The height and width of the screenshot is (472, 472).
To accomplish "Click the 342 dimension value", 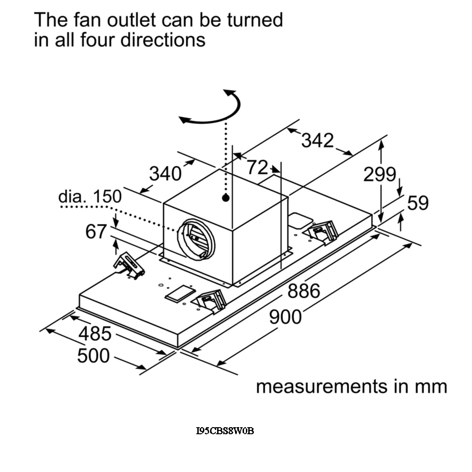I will coord(317,140).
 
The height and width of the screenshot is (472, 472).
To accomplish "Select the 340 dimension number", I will coord(165,174).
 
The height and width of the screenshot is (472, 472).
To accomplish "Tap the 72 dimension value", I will coord(258,167).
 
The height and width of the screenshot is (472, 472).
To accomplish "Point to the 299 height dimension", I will coord(379,175).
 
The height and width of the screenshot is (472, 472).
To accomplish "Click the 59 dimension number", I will coord(418,203).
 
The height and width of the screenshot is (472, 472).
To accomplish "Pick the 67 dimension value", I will coord(96,232).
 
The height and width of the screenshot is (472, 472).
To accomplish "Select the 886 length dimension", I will coord(304,291).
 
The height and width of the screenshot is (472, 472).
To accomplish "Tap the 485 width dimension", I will coord(95,334).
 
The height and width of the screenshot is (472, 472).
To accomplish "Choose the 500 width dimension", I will coord(93,355).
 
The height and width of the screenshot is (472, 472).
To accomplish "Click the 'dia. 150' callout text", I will coord(90,196).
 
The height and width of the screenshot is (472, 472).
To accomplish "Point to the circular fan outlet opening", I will coord(196,239).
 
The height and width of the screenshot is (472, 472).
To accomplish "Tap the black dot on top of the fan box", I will coord(226,198).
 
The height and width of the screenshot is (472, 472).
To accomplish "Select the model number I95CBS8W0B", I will coord(225,430).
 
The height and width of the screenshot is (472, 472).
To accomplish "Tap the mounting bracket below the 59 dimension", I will coord(323,232).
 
